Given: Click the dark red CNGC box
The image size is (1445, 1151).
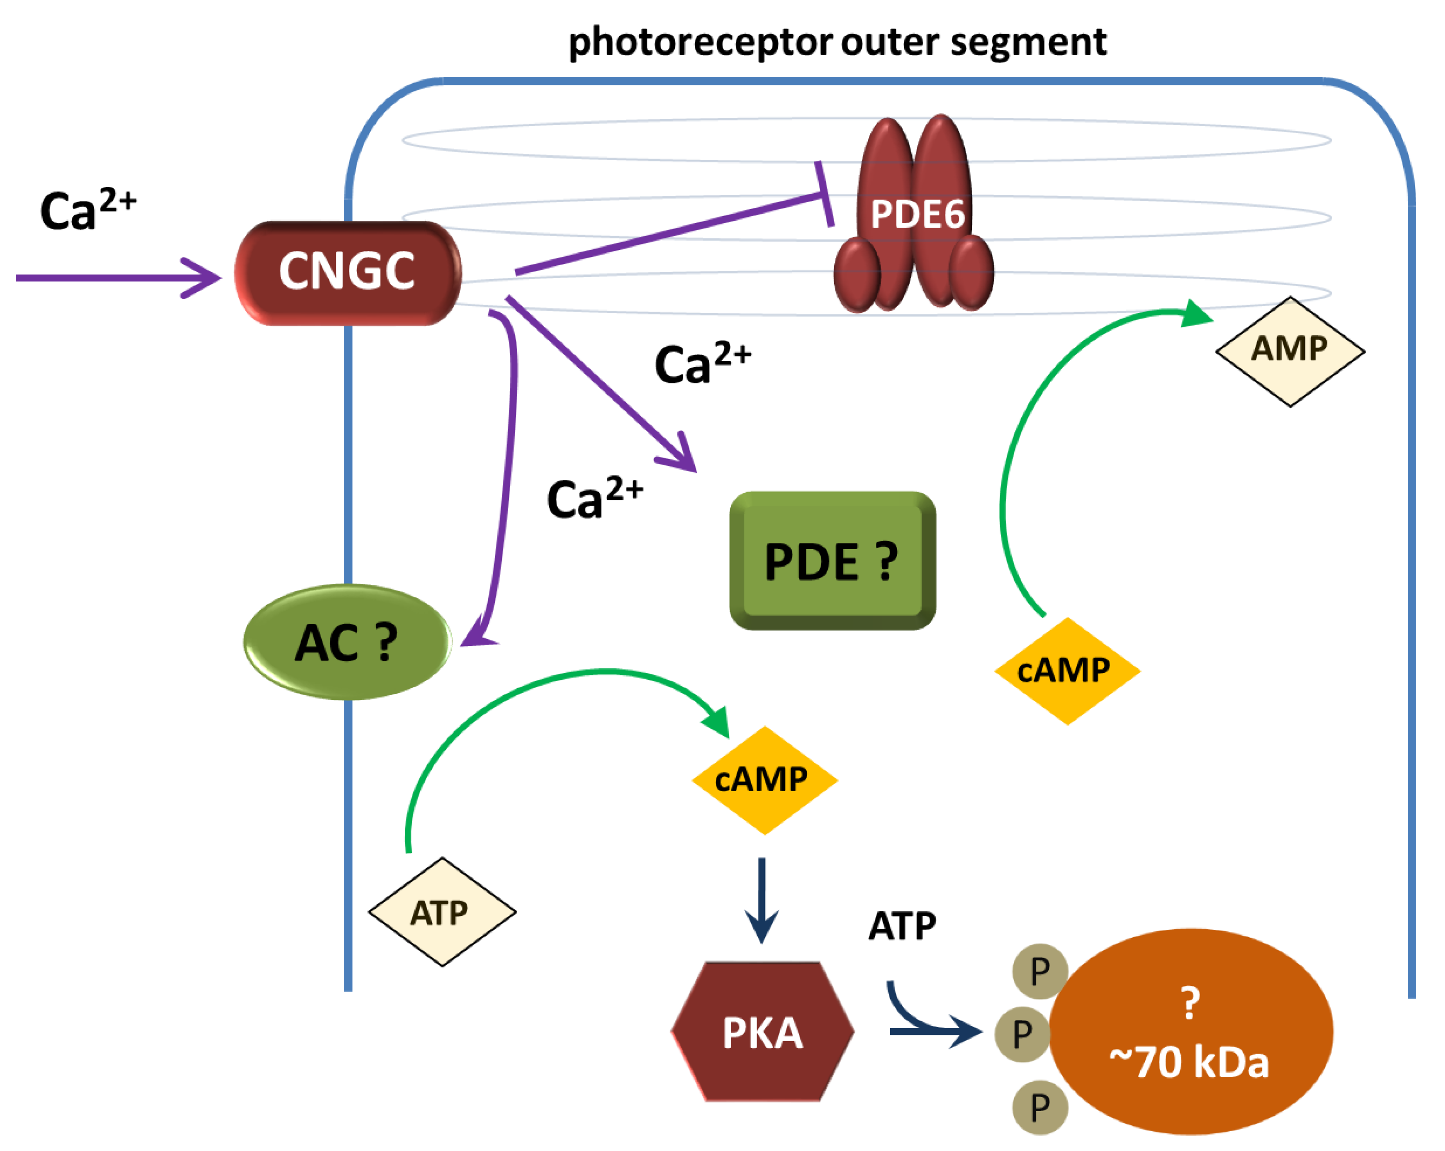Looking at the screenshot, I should pyautogui.click(x=347, y=273).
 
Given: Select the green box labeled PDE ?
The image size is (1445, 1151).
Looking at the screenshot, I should pyautogui.click(x=832, y=560).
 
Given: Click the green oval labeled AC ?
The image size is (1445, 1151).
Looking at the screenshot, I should pyautogui.click(x=347, y=642).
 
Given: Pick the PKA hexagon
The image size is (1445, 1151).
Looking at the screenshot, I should pyautogui.click(x=762, y=1032).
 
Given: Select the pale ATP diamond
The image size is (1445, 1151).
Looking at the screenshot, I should pyautogui.click(x=442, y=912).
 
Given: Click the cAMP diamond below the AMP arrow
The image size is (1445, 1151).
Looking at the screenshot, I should pyautogui.click(x=1067, y=671).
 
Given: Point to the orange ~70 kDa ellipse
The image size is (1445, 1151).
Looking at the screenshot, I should pyautogui.click(x=1190, y=1032).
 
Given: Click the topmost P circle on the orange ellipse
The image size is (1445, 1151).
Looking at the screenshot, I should pyautogui.click(x=1040, y=971).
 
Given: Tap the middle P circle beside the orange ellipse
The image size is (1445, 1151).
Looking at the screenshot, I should pyautogui.click(x=1022, y=1034).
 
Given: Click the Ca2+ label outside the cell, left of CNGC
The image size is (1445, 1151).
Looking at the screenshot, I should pyautogui.click(x=87, y=210).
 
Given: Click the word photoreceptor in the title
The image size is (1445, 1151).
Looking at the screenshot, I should pyautogui.click(x=700, y=42).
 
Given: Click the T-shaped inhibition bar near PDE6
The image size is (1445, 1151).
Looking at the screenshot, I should pyautogui.click(x=824, y=194).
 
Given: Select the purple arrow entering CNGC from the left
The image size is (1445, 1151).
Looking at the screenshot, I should pyautogui.click(x=117, y=277).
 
